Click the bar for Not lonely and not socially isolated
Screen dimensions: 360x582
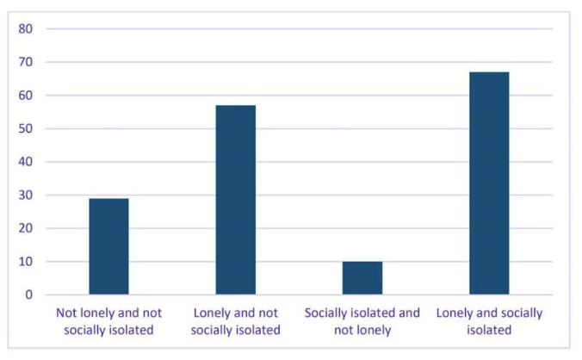click(108, 246)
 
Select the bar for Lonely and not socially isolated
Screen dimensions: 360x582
click(235, 200)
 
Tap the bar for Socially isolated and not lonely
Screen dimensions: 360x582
click(362, 277)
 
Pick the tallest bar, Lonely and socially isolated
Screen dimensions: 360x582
click(488, 183)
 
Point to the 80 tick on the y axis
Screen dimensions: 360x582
click(26, 28)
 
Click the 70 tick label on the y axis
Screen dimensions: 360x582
click(26, 62)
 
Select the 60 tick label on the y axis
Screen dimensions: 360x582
click(26, 96)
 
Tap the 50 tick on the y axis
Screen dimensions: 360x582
click(26, 128)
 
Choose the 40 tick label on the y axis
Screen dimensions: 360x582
click(26, 162)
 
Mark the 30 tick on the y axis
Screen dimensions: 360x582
click(26, 195)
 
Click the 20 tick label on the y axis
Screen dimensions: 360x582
click(26, 228)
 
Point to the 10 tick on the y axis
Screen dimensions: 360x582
click(26, 261)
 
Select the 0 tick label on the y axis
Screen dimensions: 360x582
click(29, 295)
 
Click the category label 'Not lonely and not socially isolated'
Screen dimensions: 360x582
click(108, 320)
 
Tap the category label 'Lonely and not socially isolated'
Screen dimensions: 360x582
click(235, 320)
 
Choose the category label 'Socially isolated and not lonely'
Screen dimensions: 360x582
click(362, 320)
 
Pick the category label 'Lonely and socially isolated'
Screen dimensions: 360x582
click(489, 320)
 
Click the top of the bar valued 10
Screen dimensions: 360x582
click(362, 262)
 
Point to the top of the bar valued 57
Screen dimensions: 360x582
click(235, 106)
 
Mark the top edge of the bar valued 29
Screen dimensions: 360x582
click(108, 199)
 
